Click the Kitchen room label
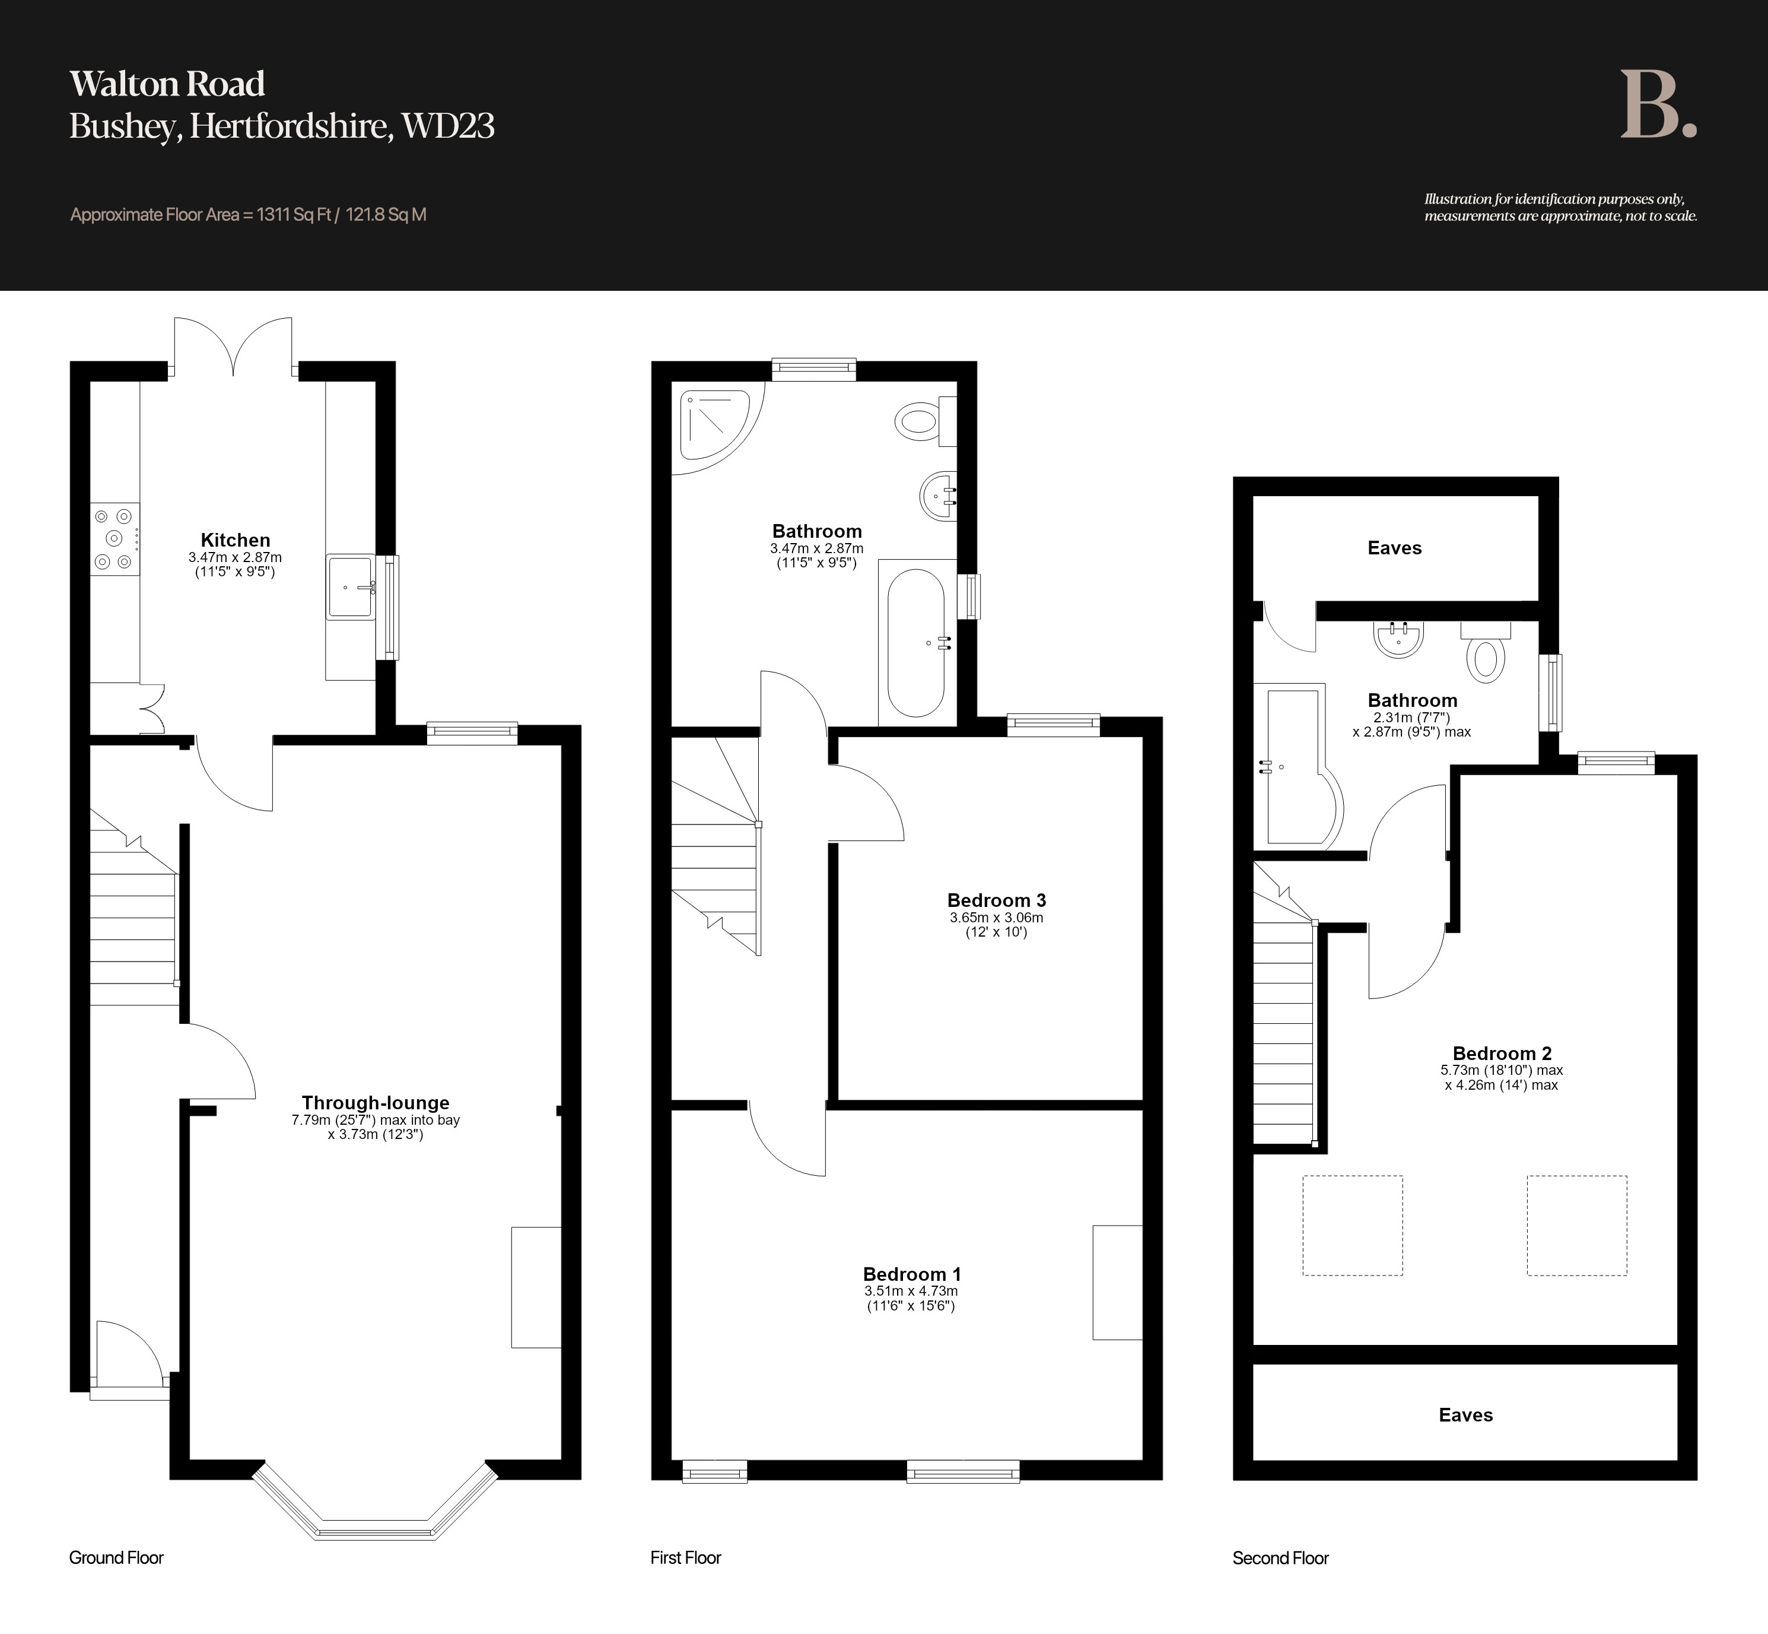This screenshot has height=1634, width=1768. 235,540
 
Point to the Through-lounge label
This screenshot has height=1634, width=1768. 376,1103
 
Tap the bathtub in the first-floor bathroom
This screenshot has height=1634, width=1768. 917,643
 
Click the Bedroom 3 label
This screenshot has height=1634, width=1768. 996,900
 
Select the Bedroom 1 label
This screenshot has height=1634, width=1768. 911,1274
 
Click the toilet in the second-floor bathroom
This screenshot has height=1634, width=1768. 1486,652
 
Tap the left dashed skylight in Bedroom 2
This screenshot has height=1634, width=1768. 1353,1226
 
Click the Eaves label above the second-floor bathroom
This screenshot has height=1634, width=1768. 1395,548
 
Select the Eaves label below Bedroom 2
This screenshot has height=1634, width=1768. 1465,1416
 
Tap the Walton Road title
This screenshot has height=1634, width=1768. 167,84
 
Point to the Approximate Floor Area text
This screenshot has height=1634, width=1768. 249,215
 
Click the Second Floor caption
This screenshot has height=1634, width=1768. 1281,1558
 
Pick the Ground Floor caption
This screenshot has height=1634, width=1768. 117,1558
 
